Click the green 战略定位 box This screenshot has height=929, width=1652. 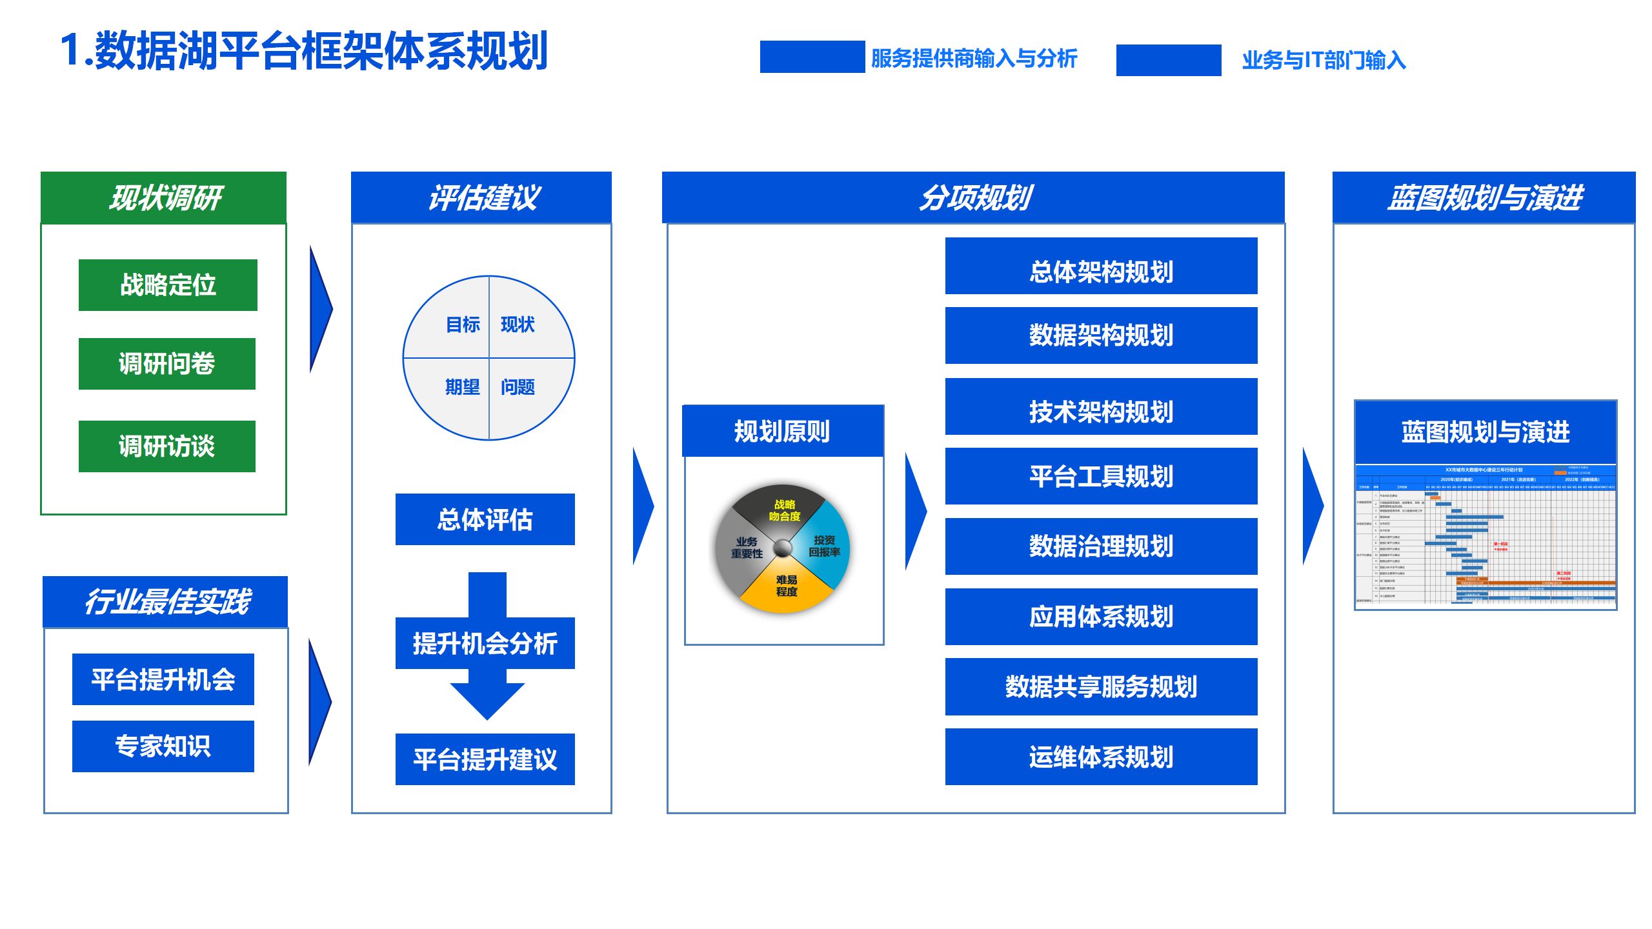(168, 285)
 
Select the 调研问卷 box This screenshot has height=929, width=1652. (166, 364)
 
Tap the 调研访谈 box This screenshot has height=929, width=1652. (166, 446)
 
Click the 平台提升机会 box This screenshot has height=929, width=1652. (163, 679)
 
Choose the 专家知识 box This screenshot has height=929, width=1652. (163, 746)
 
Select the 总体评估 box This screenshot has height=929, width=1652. (485, 519)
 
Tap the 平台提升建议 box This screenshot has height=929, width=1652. (485, 759)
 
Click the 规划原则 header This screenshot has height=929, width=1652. (782, 431)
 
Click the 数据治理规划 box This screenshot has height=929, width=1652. (1101, 546)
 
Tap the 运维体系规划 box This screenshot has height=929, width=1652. (1101, 757)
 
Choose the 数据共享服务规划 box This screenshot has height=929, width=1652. (1101, 686)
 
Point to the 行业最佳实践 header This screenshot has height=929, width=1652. (165, 601)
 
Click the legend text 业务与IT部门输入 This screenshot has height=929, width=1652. (1323, 60)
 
